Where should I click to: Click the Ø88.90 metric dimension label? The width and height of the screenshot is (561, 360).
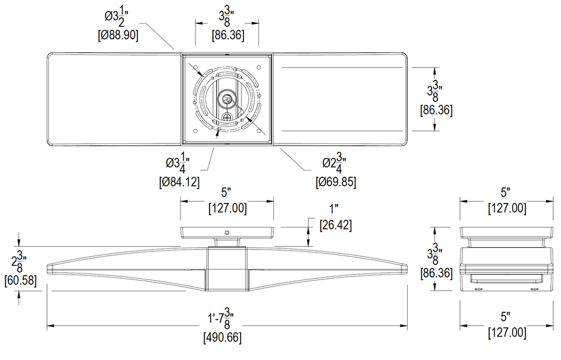118,35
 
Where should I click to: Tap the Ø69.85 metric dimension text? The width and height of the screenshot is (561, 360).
335,182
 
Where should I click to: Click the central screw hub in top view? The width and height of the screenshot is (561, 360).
227,99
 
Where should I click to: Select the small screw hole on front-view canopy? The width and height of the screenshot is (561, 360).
227,232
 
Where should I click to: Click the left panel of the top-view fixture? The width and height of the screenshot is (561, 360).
113,99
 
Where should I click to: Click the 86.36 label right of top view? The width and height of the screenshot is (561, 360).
436,110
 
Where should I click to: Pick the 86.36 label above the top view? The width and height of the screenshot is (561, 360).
227,35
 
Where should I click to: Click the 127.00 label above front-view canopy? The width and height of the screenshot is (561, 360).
227,209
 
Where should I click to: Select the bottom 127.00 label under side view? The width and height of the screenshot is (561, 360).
507,333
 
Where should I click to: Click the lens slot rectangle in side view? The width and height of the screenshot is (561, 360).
507,279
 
